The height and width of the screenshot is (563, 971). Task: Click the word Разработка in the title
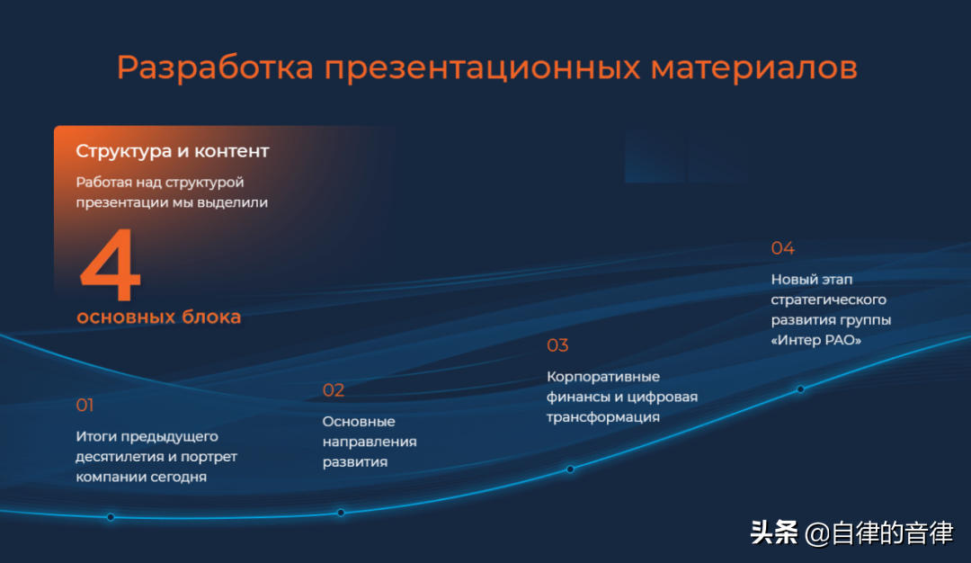215,68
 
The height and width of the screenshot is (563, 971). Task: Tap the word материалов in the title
753,67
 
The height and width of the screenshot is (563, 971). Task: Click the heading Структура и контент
172,151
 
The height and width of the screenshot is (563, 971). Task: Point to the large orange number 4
111,264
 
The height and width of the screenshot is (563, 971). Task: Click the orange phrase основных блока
158,317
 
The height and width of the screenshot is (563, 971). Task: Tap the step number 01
85,405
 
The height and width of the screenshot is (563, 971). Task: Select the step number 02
334,390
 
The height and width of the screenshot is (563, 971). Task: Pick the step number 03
557,345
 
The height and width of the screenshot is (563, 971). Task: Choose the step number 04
783,248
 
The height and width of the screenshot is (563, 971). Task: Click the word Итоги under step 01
96,437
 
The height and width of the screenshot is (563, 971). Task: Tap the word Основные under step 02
359,421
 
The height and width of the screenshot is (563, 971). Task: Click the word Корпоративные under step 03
603,377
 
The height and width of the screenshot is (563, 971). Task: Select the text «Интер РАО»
816,340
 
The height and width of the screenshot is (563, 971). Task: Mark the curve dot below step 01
111,517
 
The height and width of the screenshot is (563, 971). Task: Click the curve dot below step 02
341,513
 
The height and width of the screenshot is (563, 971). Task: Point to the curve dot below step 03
570,469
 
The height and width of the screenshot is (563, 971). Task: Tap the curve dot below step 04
801,389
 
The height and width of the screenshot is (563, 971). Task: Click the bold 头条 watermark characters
774,532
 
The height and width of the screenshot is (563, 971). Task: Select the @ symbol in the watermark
817,534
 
